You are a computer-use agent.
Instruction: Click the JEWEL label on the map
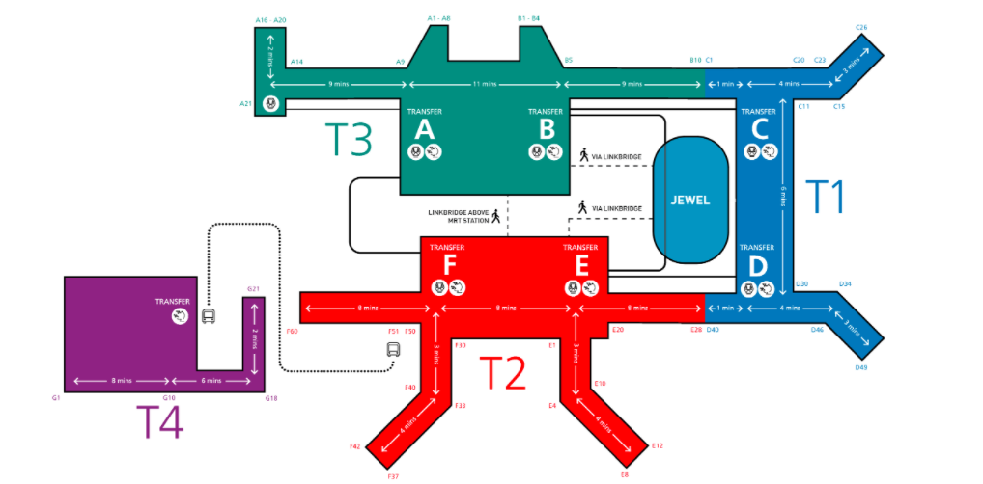(x=690, y=201)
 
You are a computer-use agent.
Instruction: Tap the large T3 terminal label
(x=348, y=140)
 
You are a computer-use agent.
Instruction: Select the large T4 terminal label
(x=158, y=422)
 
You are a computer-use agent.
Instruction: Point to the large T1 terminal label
(x=825, y=197)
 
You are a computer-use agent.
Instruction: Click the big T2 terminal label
(x=503, y=372)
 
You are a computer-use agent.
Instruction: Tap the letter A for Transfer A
(x=424, y=129)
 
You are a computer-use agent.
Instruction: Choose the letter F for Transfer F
(x=449, y=264)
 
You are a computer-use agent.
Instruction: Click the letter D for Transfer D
(x=759, y=264)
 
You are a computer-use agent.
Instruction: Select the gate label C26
(x=861, y=27)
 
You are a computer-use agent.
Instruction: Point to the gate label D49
(x=861, y=367)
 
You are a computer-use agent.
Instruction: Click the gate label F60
(x=293, y=331)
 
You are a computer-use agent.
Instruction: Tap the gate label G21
(x=254, y=288)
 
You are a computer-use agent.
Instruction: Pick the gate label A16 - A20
(x=270, y=19)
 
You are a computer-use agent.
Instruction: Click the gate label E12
(x=658, y=445)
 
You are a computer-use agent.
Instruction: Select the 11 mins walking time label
(x=487, y=85)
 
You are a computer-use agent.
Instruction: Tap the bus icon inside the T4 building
(x=208, y=316)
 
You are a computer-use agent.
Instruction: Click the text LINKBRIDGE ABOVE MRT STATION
(x=458, y=216)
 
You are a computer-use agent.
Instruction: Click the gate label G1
(x=57, y=397)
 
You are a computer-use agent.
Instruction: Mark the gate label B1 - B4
(x=530, y=18)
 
